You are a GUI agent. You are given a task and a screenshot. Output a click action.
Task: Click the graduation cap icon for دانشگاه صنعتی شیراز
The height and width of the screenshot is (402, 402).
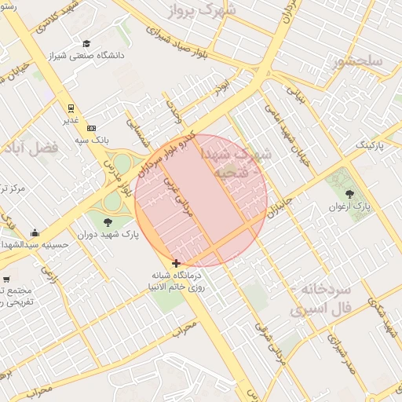[86, 43]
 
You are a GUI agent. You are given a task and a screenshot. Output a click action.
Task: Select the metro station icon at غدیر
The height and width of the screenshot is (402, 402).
[71, 108]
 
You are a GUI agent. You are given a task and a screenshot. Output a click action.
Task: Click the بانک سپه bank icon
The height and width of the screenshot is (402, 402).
[92, 127]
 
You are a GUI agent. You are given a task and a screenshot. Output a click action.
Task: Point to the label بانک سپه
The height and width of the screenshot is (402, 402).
[92, 139]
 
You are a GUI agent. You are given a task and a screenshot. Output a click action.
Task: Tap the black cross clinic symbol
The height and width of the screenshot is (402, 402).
[176, 263]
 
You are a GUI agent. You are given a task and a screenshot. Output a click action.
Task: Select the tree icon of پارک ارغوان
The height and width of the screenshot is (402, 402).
[349, 193]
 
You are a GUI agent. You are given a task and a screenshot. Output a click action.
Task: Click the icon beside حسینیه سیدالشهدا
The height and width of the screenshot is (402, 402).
[35, 232]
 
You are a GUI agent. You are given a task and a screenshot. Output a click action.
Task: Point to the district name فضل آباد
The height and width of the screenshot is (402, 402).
[31, 147]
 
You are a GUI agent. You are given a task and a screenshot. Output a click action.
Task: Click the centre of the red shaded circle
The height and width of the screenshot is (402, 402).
[202, 200]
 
